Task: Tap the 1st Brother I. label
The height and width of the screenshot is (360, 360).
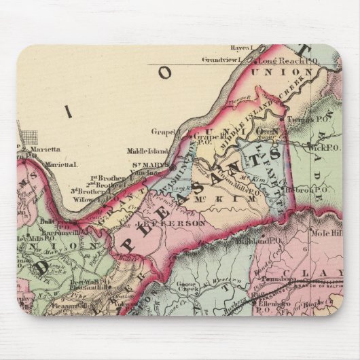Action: (x=107, y=178)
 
